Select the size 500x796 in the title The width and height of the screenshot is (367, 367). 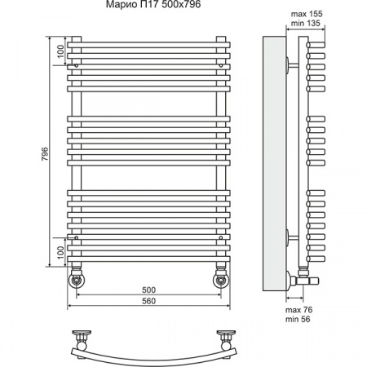183,8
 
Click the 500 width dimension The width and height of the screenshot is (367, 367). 148,290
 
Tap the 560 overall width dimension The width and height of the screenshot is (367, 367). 148,301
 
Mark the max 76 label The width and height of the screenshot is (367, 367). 298,310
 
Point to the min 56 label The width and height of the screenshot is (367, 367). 298,321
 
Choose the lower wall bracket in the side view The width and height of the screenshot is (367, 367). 290,237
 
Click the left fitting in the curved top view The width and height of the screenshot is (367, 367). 82,337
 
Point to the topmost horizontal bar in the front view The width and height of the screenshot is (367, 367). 148,41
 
